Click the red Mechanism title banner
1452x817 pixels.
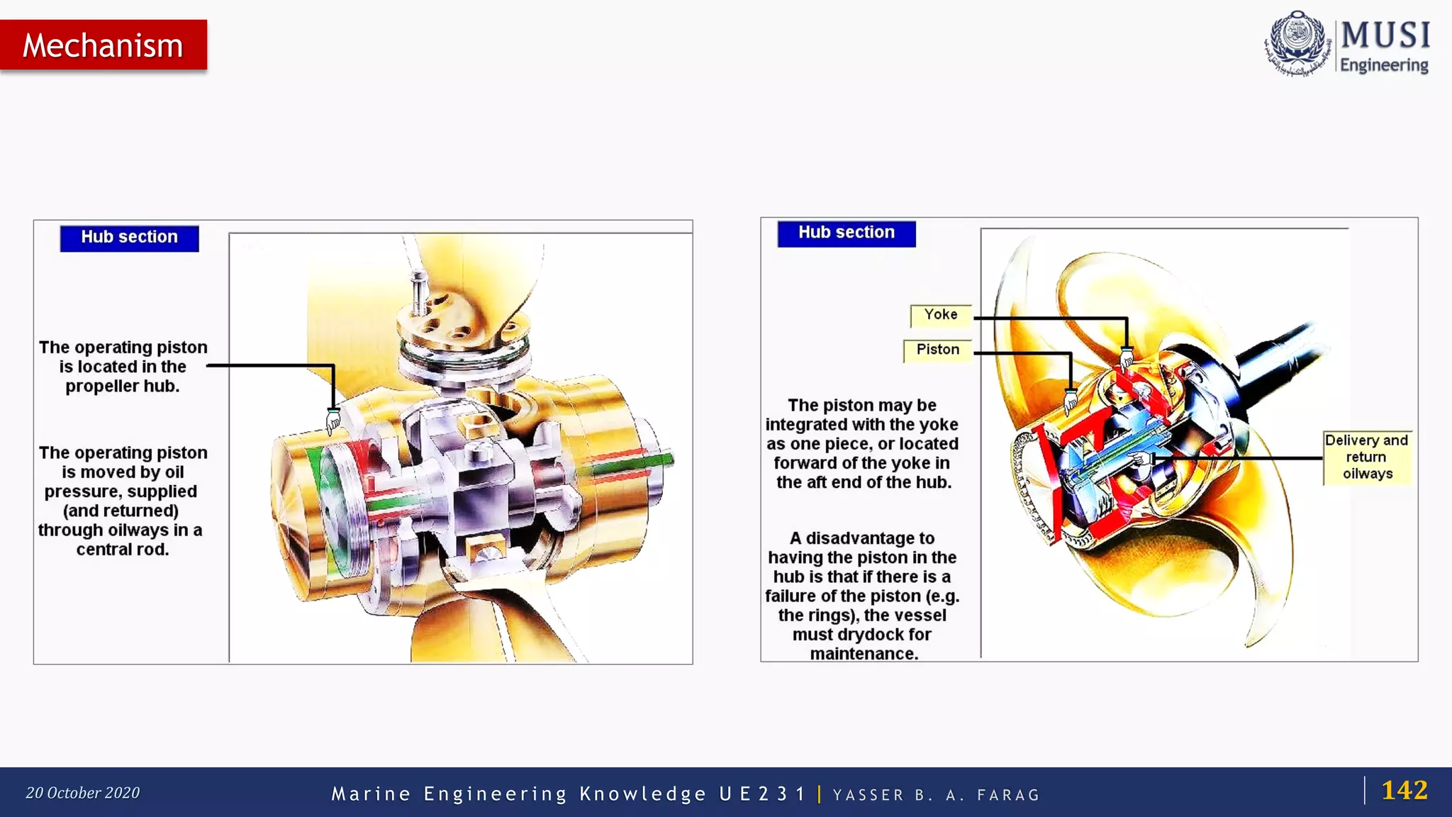point(104,45)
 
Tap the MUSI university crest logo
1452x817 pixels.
point(1297,43)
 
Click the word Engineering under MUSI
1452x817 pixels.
point(1383,65)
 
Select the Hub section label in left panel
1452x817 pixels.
point(129,238)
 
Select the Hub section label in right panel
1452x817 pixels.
point(846,233)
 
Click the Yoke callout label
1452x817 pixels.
point(940,315)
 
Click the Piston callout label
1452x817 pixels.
point(937,350)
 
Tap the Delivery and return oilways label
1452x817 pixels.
point(1366,457)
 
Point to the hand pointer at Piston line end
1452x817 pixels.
point(1071,401)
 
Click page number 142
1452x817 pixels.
point(1404,790)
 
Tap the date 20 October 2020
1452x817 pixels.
point(82,793)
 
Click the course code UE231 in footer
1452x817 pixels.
point(761,794)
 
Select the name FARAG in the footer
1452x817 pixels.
point(1007,795)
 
